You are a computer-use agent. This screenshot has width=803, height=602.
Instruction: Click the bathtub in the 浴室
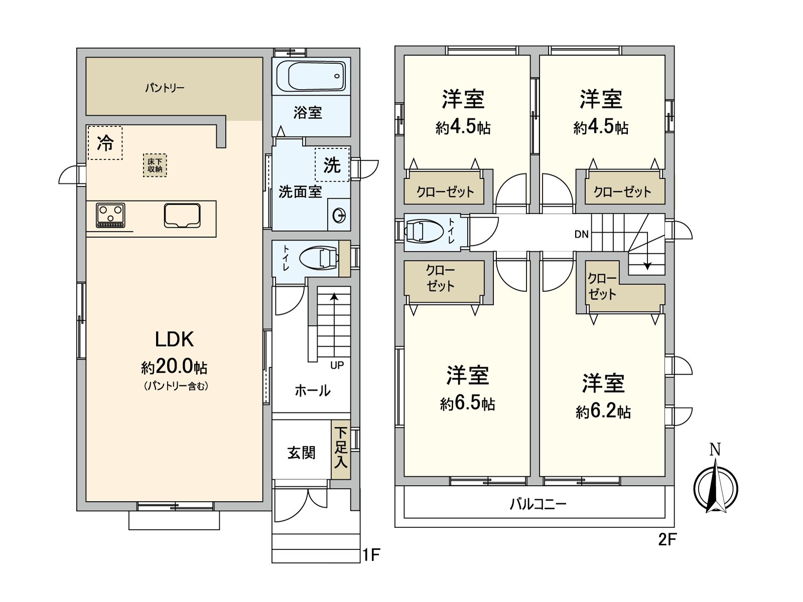(311, 76)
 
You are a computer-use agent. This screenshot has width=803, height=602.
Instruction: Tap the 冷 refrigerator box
(105, 142)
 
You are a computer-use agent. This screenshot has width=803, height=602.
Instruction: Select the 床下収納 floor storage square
(155, 165)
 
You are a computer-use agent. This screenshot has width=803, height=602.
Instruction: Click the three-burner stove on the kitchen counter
(110, 215)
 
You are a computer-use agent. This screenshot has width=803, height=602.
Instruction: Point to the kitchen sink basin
(182, 216)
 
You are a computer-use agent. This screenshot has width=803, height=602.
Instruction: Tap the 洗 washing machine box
(332, 165)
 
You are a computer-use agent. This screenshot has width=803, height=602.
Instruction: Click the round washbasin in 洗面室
(339, 215)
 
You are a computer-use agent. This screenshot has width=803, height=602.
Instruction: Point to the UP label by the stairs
(337, 365)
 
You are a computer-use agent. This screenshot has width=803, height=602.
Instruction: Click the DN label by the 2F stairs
(581, 234)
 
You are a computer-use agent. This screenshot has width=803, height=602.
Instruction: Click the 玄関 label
(301, 453)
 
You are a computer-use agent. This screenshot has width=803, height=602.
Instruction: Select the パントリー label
(165, 88)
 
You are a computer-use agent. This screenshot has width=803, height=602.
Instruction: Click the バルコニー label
(538, 504)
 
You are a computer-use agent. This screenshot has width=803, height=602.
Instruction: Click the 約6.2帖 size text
(603, 411)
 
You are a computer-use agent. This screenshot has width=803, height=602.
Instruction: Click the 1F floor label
(371, 555)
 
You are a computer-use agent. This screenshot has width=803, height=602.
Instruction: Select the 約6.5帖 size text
(468, 403)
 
